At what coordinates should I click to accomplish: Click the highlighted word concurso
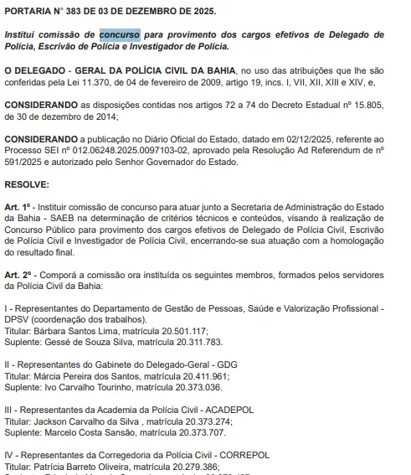pos(119,36)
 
